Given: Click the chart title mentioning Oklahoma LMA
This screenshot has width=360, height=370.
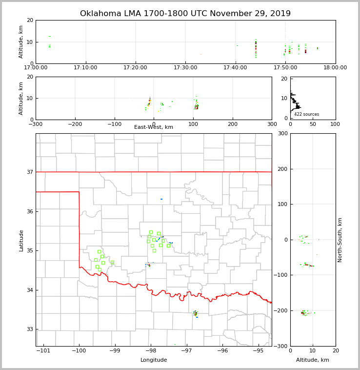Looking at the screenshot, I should click(x=185, y=14).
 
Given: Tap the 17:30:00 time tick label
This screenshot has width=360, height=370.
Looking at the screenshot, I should click(x=186, y=68).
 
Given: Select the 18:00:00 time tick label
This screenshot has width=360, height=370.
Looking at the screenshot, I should click(x=335, y=68).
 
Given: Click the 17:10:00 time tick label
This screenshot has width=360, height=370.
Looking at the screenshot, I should click(x=86, y=68).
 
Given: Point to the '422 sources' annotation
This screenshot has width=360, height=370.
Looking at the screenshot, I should click(x=306, y=114).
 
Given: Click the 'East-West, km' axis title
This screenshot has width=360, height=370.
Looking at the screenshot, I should click(x=154, y=127).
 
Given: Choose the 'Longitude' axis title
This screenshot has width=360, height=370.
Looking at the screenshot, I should click(x=154, y=360).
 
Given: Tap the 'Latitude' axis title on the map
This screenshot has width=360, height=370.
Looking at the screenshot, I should click(x=21, y=240).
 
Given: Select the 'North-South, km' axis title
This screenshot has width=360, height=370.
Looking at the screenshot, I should click(x=340, y=240).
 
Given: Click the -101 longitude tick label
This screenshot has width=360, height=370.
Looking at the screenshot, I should click(x=43, y=350).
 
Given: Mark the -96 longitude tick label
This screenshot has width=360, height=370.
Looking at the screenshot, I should click(x=222, y=350).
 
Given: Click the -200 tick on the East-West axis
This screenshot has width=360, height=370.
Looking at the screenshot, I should click(x=75, y=124).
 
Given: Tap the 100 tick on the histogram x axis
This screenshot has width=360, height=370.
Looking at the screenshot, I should click(x=335, y=124).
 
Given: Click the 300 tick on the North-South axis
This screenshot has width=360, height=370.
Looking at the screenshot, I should click(x=282, y=134).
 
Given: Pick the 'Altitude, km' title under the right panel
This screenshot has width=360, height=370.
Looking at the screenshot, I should click(x=313, y=360).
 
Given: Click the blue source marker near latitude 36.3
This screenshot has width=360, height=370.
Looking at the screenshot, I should click(x=161, y=199).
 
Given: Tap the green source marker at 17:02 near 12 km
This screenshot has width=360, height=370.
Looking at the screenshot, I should click(x=49, y=37).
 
